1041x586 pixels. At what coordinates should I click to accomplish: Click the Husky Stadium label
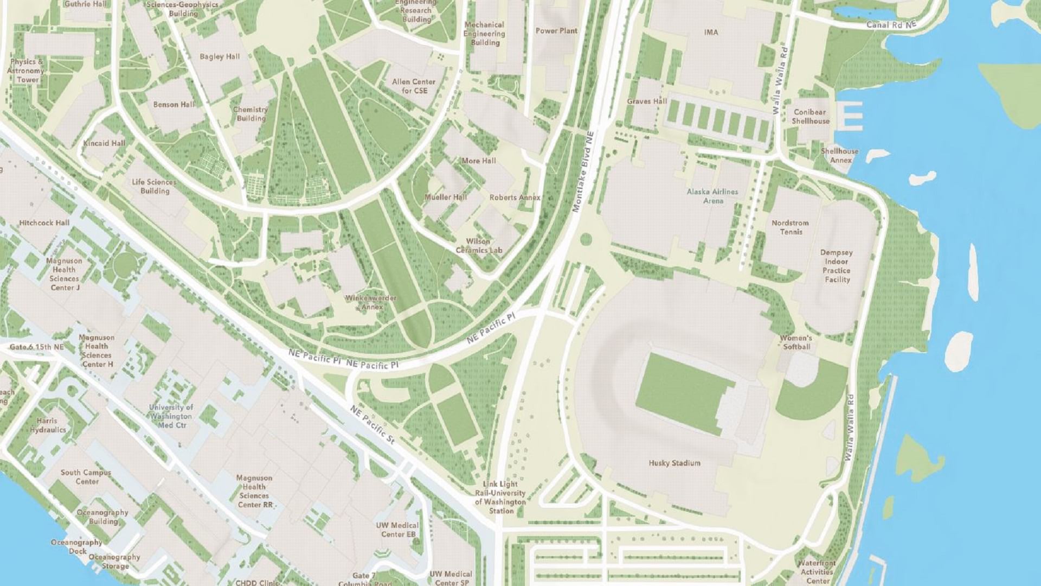pyautogui.click(x=674, y=463)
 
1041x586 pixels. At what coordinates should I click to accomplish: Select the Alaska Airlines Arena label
pyautogui.click(x=712, y=196)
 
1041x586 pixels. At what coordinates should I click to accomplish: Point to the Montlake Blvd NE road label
pyautogui.click(x=583, y=171)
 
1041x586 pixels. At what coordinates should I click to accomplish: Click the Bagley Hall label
pyautogui.click(x=219, y=56)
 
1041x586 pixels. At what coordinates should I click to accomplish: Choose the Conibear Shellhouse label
pyautogui.click(x=810, y=117)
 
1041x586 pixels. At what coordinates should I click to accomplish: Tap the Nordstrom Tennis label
pyautogui.click(x=790, y=227)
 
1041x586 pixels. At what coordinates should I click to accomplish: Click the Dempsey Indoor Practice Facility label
pyautogui.click(x=837, y=266)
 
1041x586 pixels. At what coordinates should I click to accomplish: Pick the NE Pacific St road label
pyautogui.click(x=372, y=425)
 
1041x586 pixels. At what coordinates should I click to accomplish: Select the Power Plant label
pyautogui.click(x=556, y=31)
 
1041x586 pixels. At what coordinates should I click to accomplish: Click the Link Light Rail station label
pyautogui.click(x=500, y=497)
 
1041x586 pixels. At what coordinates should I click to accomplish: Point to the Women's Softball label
pyautogui.click(x=796, y=342)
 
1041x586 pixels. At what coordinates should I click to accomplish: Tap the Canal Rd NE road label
pyautogui.click(x=891, y=25)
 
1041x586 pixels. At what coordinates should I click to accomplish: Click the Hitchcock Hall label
pyautogui.click(x=44, y=222)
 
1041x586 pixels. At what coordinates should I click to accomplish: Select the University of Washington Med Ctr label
pyautogui.click(x=171, y=416)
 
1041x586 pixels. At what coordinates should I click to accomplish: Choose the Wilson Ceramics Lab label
pyautogui.click(x=479, y=246)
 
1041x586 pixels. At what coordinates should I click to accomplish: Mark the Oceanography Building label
pyautogui.click(x=102, y=517)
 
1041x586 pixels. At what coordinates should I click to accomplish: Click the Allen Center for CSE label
pyautogui.click(x=414, y=86)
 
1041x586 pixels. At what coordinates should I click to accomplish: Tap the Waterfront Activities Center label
pyautogui.click(x=817, y=572)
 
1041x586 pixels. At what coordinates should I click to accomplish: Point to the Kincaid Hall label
pyautogui.click(x=104, y=143)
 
